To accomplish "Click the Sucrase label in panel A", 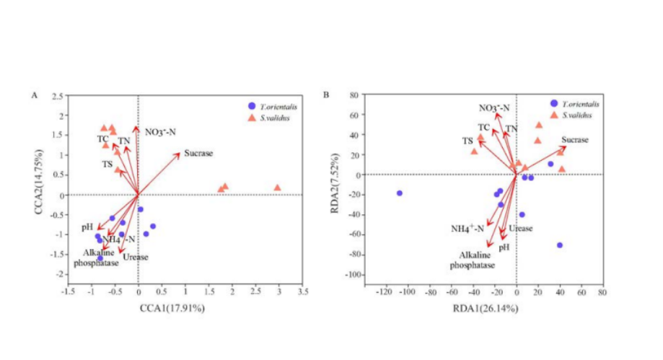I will pyautogui.click(x=198, y=153).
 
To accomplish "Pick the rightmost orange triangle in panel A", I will pyautogui.click(x=277, y=188).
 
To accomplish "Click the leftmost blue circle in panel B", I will pyautogui.click(x=399, y=193).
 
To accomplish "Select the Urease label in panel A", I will pyautogui.click(x=135, y=257).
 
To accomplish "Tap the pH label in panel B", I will pyautogui.click(x=504, y=247).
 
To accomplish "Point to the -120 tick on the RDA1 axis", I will pyautogui.click(x=385, y=291).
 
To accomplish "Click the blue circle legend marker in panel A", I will pyautogui.click(x=250, y=105).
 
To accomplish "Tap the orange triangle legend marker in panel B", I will pyautogui.click(x=553, y=114).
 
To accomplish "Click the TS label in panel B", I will pyautogui.click(x=467, y=140).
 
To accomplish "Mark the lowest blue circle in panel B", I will pyautogui.click(x=559, y=245).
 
